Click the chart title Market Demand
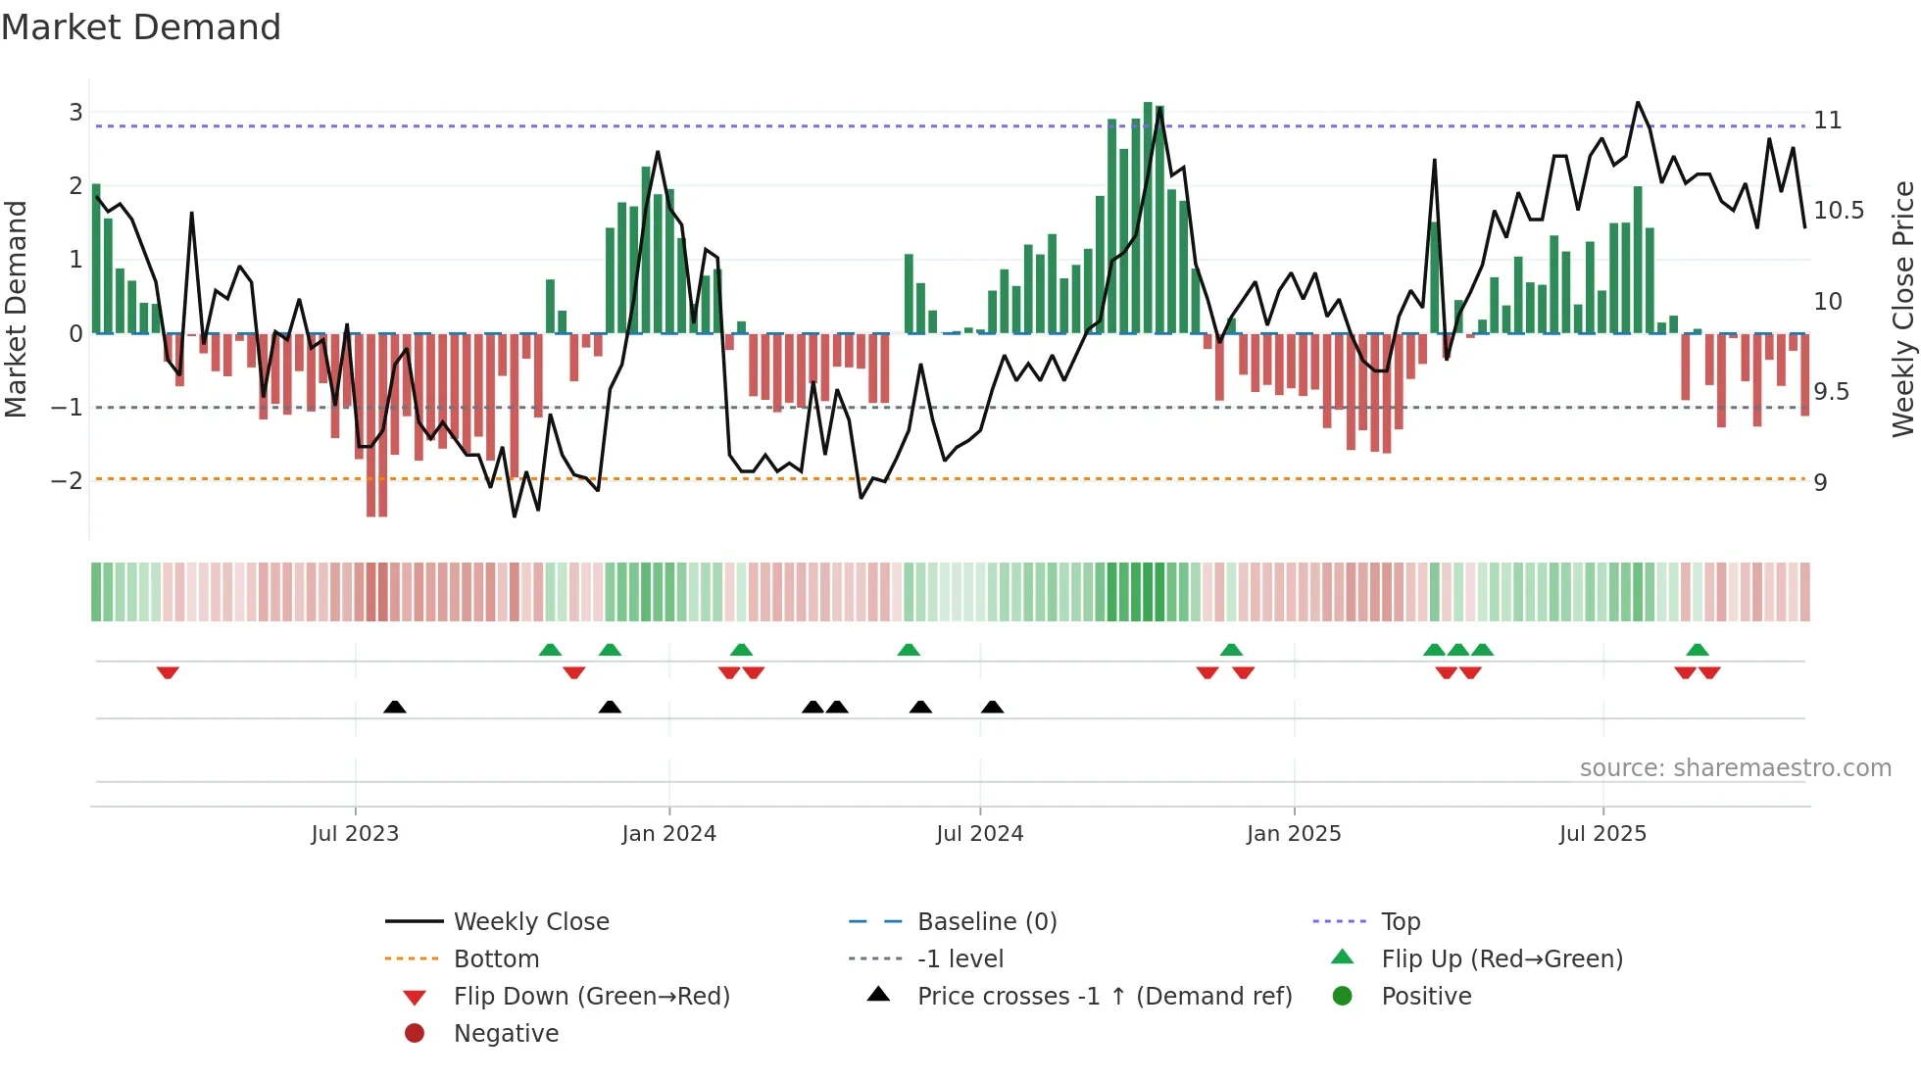click(x=141, y=27)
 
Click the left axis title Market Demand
click(x=17, y=309)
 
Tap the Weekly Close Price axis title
click(x=1902, y=309)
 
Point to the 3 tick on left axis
click(x=75, y=112)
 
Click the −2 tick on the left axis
click(x=68, y=480)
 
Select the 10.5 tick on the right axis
click(x=1839, y=211)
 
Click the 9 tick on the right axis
click(x=1820, y=482)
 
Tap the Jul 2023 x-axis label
click(x=355, y=834)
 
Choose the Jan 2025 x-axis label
click(x=1294, y=834)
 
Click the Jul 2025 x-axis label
click(x=1603, y=834)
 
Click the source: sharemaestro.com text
click(x=1735, y=768)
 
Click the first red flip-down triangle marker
click(x=168, y=672)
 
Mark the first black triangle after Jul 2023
click(x=395, y=707)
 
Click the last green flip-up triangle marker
click(x=1698, y=650)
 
